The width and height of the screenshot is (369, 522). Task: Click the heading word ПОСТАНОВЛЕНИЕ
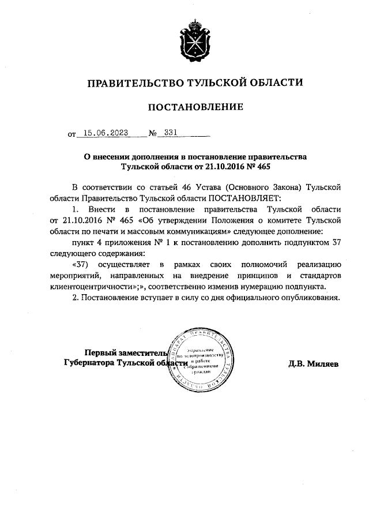(x=194, y=107)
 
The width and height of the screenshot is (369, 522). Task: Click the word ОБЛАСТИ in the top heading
(x=272, y=83)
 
